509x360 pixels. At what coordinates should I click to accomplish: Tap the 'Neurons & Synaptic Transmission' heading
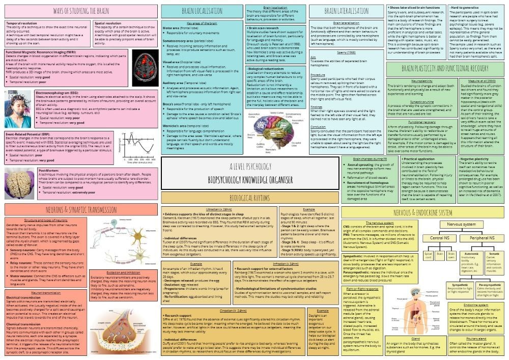pyautogui.click(x=81, y=209)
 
